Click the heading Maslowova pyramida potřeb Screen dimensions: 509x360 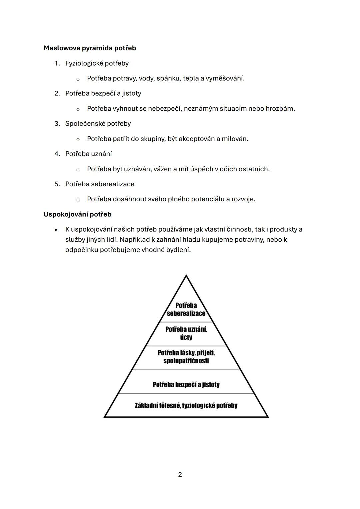[x=90, y=48]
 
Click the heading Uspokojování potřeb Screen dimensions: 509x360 [x=77, y=214]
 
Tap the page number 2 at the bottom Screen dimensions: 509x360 [x=180, y=474]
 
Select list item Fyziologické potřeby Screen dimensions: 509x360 [x=97, y=63]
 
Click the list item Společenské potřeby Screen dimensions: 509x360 [x=98, y=124]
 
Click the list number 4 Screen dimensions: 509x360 [x=57, y=154]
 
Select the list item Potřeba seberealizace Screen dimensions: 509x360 [x=100, y=184]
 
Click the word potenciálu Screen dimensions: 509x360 [x=207, y=199]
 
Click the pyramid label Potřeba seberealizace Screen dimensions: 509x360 [x=186, y=309]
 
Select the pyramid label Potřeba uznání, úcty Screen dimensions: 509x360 [x=186, y=333]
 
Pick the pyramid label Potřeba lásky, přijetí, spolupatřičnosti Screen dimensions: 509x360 [x=186, y=357]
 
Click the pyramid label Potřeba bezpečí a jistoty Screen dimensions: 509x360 [x=186, y=385]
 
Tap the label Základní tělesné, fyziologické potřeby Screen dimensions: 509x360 [x=186, y=405]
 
